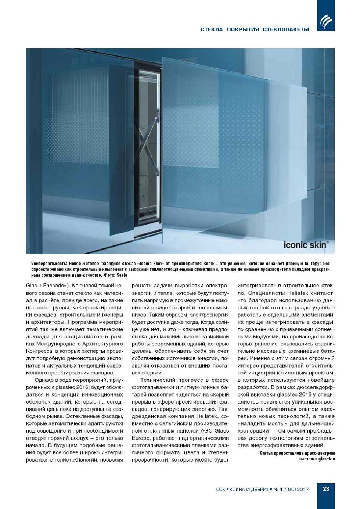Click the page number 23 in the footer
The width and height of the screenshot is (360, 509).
[326, 489]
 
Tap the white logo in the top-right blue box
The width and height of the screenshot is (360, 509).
[326, 22]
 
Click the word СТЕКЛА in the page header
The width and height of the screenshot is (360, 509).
[212, 29]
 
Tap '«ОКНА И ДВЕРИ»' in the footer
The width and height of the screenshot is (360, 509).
[248, 489]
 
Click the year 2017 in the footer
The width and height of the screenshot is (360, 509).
[303, 489]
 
